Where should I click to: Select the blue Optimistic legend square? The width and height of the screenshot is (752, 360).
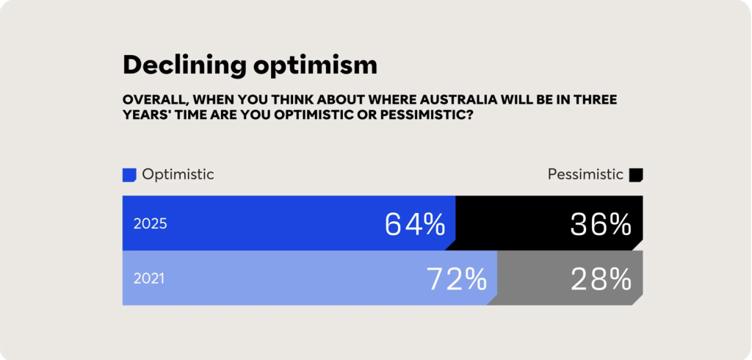click(129, 175)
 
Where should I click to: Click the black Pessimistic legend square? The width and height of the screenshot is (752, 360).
click(636, 175)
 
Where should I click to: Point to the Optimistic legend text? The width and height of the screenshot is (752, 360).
click(178, 174)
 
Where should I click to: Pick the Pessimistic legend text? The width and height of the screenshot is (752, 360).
click(585, 174)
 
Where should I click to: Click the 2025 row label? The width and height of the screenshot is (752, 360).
click(150, 223)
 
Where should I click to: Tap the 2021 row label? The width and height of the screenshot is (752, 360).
click(149, 278)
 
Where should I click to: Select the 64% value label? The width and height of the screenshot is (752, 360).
click(415, 224)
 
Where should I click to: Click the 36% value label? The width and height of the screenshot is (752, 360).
click(601, 224)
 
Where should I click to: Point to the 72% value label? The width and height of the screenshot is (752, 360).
click(457, 279)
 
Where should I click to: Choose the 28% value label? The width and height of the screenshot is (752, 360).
click(601, 279)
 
